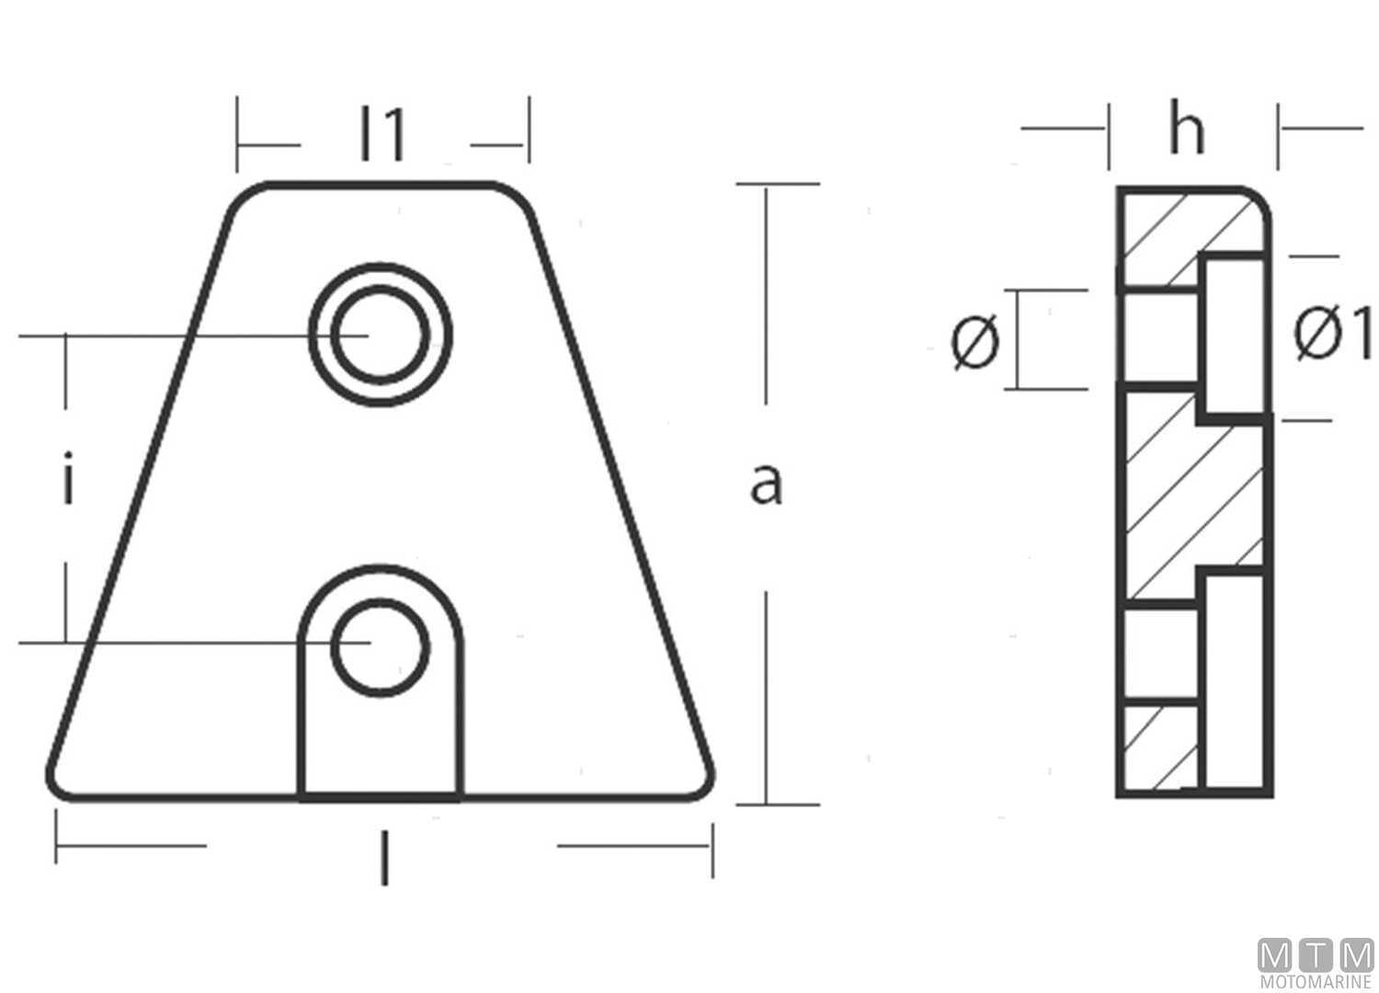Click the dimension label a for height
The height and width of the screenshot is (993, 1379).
click(766, 485)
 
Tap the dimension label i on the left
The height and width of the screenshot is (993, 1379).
click(67, 485)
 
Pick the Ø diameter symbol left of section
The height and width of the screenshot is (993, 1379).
click(974, 341)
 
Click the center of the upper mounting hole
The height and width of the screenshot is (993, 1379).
click(381, 335)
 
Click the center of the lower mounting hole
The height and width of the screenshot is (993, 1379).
click(381, 646)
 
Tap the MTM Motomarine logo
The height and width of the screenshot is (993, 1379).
click(1315, 964)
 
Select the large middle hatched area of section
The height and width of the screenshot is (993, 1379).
click(1186, 496)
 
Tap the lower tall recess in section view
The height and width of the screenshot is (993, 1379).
click(1237, 680)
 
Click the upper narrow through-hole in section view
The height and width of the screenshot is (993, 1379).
click(1160, 337)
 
